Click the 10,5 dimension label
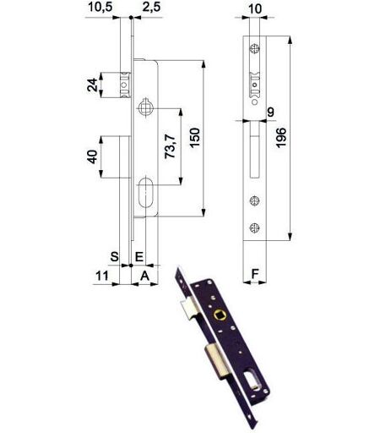click(100, 7)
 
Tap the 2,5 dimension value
click(151, 7)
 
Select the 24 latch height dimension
click(92, 85)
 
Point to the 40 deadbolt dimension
click(92, 156)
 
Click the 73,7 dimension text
click(170, 146)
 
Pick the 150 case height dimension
click(194, 138)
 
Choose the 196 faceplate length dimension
click(281, 138)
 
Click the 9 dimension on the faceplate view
click(270, 112)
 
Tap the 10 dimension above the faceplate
click(255, 8)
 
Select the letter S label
click(114, 257)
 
